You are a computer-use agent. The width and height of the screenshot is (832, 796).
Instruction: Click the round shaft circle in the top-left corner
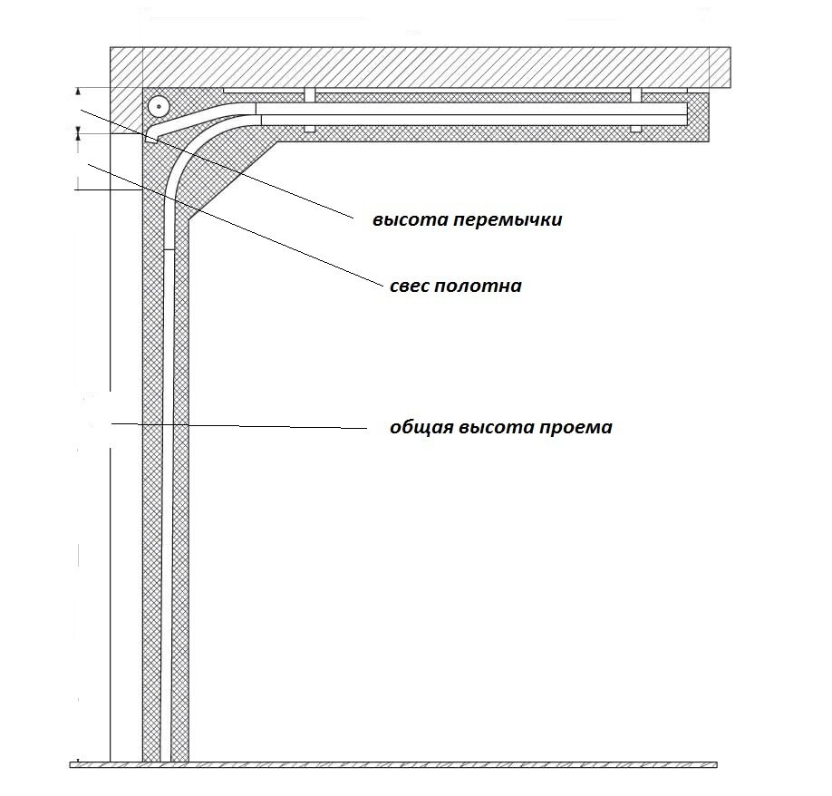coord(159,107)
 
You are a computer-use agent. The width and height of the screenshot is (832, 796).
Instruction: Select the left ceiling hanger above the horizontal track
coord(309,95)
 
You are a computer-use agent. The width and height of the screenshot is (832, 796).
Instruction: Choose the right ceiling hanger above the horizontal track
coord(635,95)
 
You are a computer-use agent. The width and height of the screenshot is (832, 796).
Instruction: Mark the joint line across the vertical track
coord(166,249)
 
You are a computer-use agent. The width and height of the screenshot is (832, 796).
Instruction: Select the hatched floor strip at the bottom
coord(390,765)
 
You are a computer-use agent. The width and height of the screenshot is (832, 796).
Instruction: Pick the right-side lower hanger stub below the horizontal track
coord(635,128)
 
